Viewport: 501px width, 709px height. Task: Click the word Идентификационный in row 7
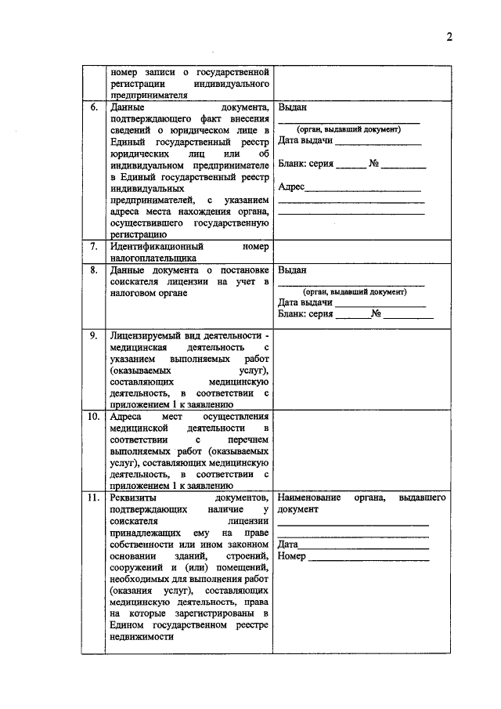pos(151,246)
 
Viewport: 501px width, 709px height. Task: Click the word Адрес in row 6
pos(291,187)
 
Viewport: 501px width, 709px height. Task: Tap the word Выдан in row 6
pos(292,107)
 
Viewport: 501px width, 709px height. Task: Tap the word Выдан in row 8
pos(292,270)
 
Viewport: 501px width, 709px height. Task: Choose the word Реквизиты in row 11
pos(133,498)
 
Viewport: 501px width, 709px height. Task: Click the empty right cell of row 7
pos(362,251)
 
